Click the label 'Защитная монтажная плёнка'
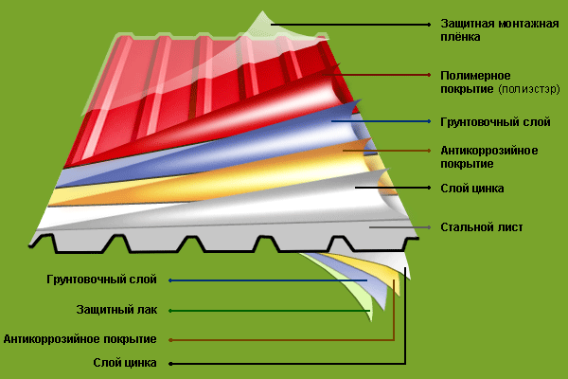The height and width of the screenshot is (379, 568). point(500,30)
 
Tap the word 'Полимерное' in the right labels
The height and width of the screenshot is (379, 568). point(475,76)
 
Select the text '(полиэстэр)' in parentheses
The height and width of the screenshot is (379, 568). point(529,89)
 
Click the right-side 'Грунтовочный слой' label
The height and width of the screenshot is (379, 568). point(495,122)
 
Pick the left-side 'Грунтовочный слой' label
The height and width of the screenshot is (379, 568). point(101,280)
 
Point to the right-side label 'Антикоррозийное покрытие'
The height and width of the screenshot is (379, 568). point(489,156)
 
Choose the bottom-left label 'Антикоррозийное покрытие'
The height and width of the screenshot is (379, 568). point(80,339)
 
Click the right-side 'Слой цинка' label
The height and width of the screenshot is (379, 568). point(472,189)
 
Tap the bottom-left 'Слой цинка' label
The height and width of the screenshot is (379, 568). point(125,363)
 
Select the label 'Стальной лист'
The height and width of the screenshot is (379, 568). point(482,227)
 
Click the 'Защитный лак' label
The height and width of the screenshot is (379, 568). point(116,310)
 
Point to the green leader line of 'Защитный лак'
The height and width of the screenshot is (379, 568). point(270,311)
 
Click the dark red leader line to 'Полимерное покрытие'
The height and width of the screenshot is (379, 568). point(377,75)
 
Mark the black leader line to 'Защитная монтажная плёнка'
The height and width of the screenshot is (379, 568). point(350,25)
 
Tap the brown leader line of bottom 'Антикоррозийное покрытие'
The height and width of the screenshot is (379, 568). point(281,340)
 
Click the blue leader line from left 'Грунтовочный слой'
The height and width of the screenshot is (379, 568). point(268,280)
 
